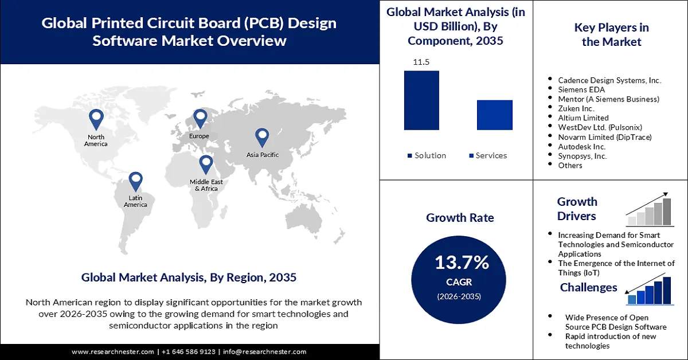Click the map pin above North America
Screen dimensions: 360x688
(x=96, y=119)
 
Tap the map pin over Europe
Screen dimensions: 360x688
(x=200, y=119)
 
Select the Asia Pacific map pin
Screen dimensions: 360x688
(x=262, y=137)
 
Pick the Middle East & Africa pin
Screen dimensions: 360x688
(x=206, y=165)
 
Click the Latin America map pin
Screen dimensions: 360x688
(x=135, y=181)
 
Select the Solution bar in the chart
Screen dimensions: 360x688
(x=421, y=100)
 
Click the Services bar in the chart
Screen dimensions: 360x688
(x=494, y=115)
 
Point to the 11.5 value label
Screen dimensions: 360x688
(x=421, y=62)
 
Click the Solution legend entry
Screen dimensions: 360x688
(x=427, y=155)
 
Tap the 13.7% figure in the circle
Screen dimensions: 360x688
(x=462, y=263)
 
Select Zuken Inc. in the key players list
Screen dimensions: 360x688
(x=576, y=108)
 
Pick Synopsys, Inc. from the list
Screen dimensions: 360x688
(x=583, y=156)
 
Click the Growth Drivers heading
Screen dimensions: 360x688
(x=577, y=209)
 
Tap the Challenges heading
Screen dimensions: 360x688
(x=588, y=287)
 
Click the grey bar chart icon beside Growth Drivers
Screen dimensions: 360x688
(x=650, y=211)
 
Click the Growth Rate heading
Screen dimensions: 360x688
(x=460, y=218)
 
